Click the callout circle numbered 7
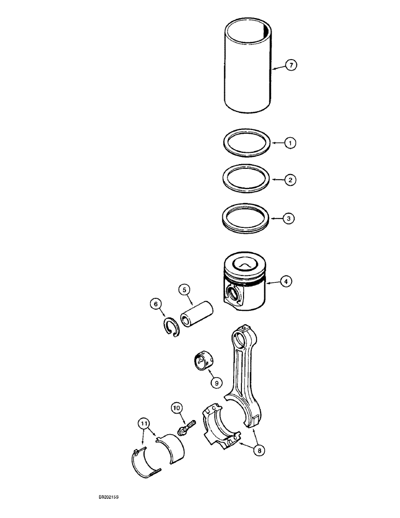[292, 66]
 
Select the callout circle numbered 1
[292, 141]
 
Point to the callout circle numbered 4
[285, 281]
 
